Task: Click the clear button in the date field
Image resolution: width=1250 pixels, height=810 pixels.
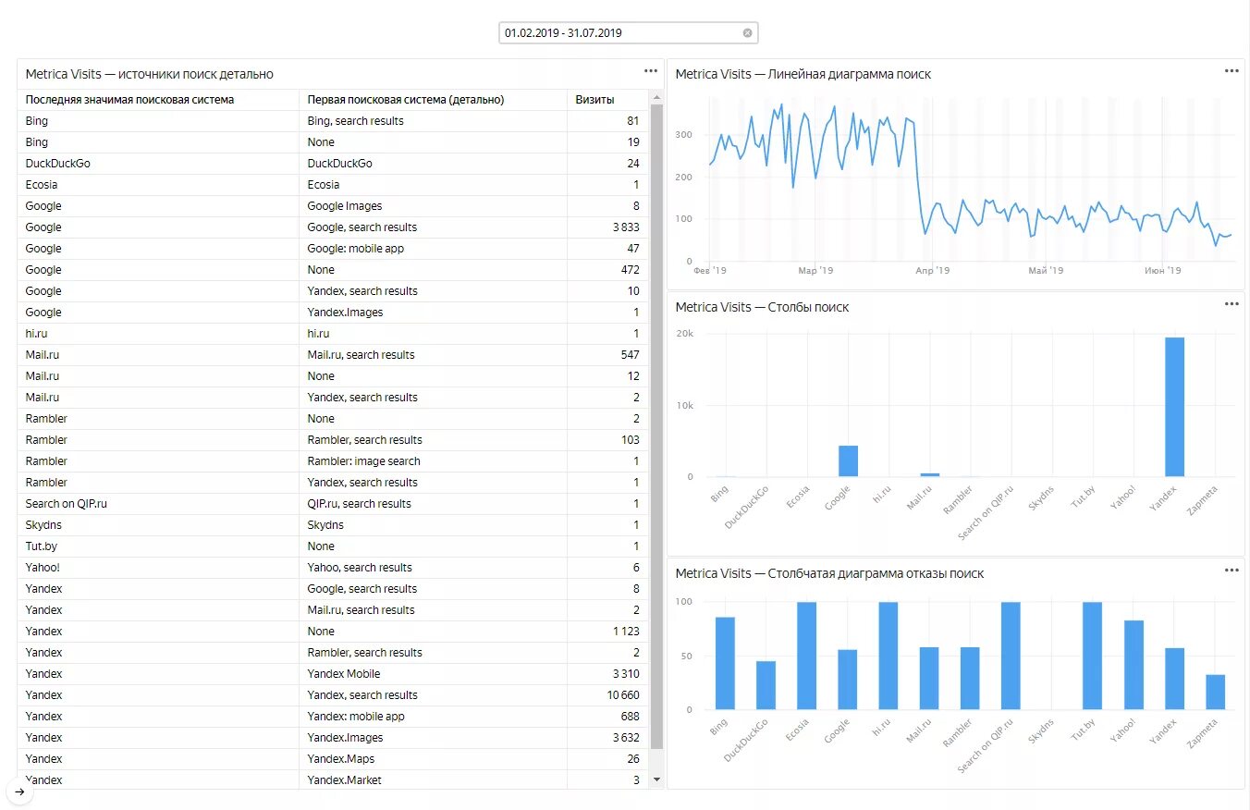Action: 747,32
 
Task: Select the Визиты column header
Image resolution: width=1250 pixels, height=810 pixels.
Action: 594,100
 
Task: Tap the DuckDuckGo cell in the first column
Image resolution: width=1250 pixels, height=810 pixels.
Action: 58,164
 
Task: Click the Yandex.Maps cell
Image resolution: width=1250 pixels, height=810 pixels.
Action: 340,759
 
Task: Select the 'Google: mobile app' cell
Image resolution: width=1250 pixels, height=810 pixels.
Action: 355,249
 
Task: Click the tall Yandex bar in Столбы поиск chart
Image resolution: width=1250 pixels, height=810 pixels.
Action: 1174,407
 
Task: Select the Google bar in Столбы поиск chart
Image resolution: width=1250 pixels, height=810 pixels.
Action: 848,461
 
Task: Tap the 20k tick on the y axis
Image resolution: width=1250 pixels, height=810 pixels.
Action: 685,334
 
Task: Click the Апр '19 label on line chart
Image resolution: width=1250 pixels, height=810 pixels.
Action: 932,271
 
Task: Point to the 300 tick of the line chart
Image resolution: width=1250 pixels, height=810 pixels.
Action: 683,135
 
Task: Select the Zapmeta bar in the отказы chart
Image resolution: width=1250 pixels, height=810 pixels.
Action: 1215,693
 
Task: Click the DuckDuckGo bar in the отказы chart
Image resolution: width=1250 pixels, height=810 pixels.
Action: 766,685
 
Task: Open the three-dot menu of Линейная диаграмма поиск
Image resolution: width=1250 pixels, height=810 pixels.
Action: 1232,71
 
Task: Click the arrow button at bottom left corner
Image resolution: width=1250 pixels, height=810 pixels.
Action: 19,792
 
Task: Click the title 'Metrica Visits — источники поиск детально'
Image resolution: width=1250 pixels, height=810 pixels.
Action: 149,74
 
